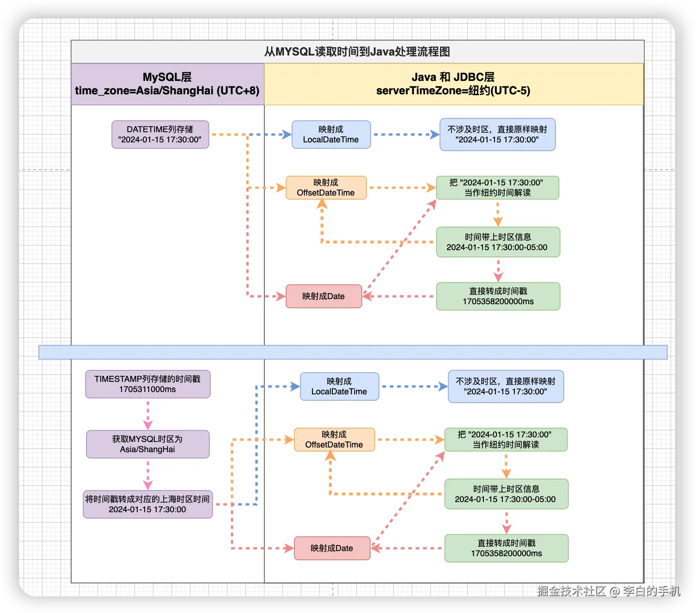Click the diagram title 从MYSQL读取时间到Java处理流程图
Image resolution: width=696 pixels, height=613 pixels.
pos(357,52)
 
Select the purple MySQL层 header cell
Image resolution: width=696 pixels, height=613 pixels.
pos(167,84)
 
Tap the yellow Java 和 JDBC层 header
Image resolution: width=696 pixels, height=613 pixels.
pos(453,84)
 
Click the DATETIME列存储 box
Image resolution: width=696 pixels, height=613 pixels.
pos(160,135)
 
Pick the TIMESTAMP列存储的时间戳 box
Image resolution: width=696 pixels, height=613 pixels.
pos(147,384)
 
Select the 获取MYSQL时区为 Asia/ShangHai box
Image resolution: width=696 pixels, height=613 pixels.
pos(147,444)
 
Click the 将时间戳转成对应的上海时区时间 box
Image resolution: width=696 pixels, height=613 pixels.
pos(147,504)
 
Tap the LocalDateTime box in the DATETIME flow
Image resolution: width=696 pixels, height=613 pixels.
pos(331,135)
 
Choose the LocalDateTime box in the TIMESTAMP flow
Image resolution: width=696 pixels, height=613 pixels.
pos(339,386)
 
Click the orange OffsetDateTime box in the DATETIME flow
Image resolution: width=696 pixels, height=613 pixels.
pos(326,188)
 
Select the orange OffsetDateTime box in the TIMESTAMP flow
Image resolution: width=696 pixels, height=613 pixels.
pos(334,440)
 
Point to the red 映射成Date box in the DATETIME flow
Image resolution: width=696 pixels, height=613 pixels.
pos(324,296)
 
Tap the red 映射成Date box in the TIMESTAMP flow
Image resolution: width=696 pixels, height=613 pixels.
pos(332,548)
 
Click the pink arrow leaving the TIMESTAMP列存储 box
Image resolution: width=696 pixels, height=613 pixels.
pos(148,414)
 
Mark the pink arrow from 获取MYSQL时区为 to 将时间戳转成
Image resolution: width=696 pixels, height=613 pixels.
pos(148,474)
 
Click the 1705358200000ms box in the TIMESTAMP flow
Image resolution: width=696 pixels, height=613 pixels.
pos(506,548)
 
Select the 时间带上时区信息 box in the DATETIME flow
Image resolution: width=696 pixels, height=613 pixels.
pos(498,242)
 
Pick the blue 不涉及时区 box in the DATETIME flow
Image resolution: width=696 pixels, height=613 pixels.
pos(497,135)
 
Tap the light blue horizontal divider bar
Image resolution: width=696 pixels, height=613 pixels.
pos(353,352)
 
